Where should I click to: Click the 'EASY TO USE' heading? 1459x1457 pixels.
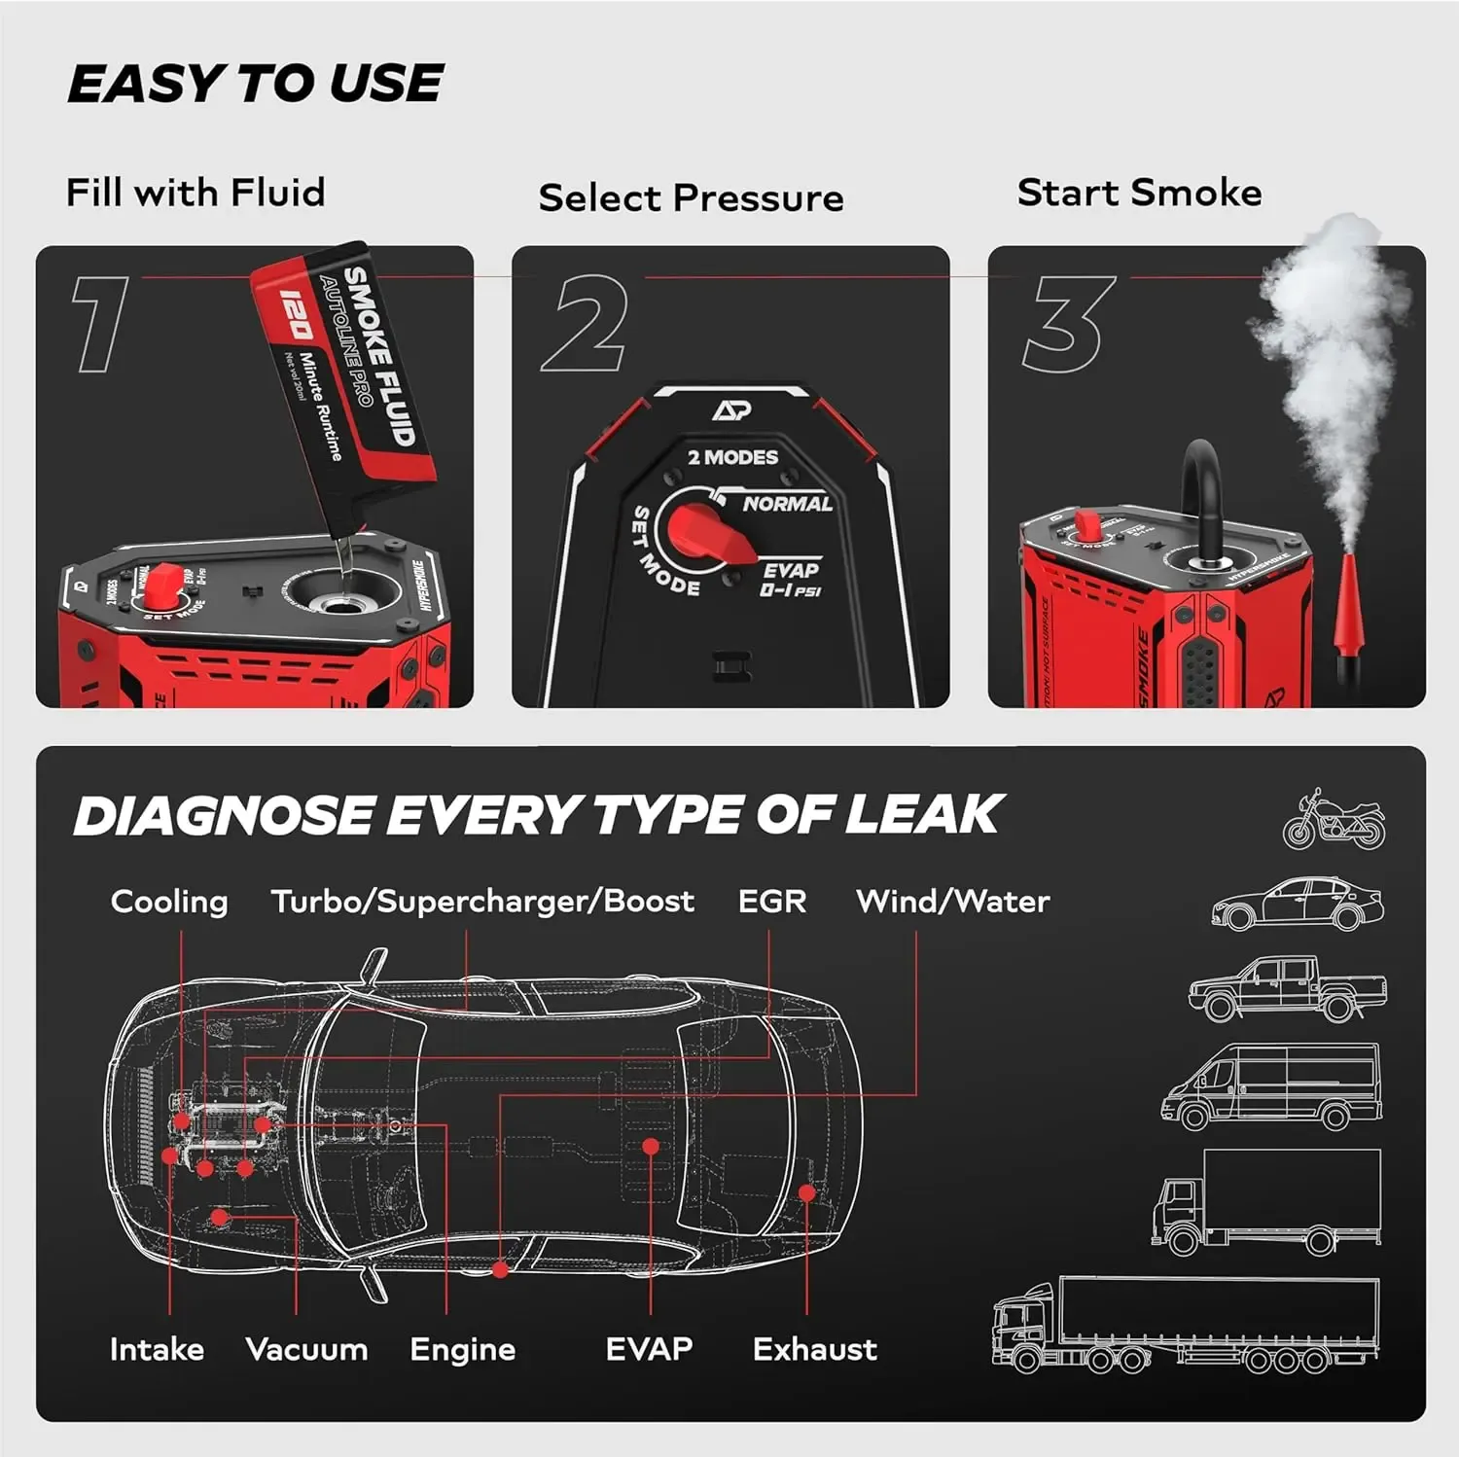tap(255, 84)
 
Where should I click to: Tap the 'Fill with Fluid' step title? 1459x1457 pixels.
tap(196, 192)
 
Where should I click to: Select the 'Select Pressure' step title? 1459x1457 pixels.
tap(691, 197)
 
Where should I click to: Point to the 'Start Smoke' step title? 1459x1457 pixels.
tap(1139, 192)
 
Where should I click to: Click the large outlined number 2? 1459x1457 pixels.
tap(585, 323)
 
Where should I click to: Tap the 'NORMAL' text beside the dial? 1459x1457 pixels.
tap(787, 504)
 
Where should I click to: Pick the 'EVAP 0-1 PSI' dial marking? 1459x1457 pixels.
tap(790, 580)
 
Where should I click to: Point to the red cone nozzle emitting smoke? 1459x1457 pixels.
tap(1349, 608)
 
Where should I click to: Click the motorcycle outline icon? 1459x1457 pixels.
tap(1334, 820)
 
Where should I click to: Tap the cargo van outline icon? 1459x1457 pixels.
tap(1271, 1086)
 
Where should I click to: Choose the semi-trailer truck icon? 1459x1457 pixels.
tap(1186, 1326)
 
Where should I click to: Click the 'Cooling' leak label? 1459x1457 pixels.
tap(169, 902)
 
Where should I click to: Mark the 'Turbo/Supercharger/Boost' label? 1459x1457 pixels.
tap(482, 902)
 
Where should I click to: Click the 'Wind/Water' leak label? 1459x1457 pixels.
tap(952, 902)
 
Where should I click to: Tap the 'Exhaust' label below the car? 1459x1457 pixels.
tap(814, 1350)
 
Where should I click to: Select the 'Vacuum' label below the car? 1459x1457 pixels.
tap(306, 1350)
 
